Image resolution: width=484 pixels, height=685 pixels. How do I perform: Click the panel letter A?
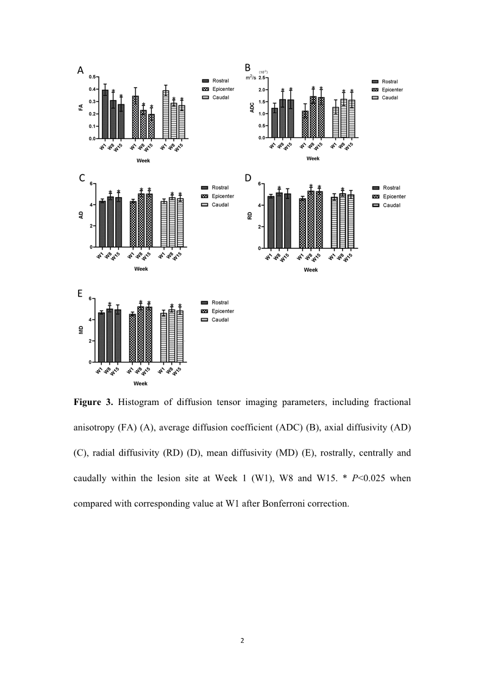click(80, 71)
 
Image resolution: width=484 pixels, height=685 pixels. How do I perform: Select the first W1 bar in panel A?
click(105, 114)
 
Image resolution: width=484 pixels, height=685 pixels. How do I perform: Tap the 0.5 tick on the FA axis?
click(92, 77)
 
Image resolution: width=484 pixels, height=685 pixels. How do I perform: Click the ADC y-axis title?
click(252, 108)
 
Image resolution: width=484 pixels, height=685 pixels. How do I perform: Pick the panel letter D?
click(248, 178)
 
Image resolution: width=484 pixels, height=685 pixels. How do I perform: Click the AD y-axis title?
click(80, 215)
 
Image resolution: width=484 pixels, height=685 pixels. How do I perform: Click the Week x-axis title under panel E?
click(140, 384)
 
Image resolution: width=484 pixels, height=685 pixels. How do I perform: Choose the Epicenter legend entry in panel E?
click(222, 311)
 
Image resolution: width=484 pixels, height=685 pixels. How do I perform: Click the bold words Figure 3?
click(93, 403)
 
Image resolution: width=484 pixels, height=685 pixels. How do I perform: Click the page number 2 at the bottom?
click(242, 641)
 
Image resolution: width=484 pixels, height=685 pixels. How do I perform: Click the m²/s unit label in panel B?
click(251, 77)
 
